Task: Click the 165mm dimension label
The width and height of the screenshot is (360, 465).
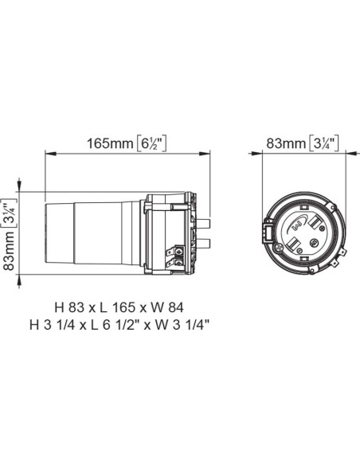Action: (110, 143)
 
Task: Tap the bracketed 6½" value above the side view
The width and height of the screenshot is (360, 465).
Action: (151, 143)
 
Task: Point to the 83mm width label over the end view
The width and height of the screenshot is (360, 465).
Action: (284, 143)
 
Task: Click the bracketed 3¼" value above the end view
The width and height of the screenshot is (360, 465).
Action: (324, 143)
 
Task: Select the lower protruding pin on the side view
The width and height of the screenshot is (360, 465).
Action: (203, 241)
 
